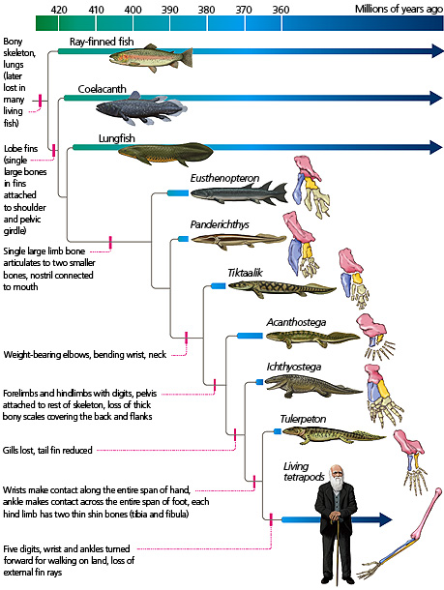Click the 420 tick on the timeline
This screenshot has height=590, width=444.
tap(58, 9)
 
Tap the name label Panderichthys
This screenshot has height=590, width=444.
tap(221, 224)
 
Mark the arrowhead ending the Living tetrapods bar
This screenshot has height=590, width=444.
tap(386, 519)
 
